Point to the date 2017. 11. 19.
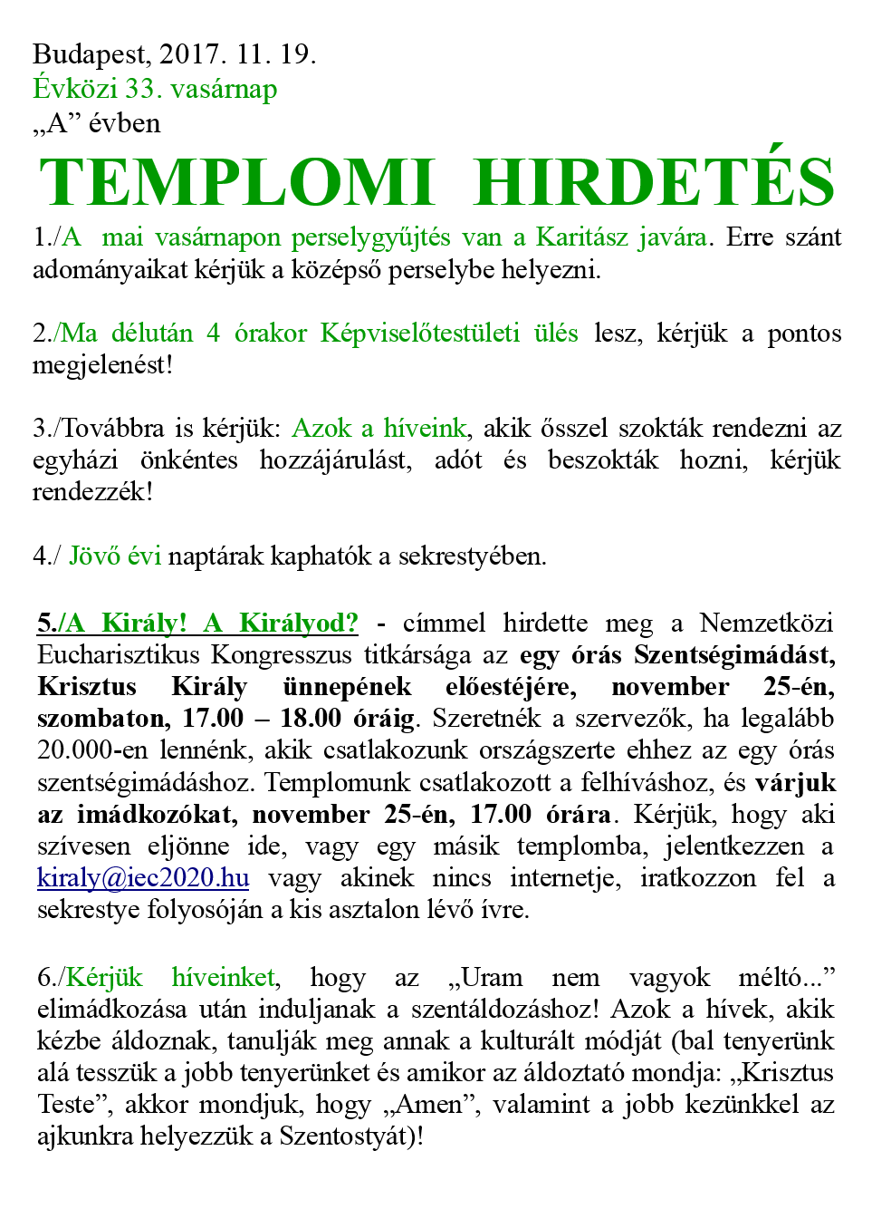point(237,55)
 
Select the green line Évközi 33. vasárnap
point(155,89)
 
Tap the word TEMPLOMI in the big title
point(237,183)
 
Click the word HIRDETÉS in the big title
point(654,183)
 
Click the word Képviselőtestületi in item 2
point(419,334)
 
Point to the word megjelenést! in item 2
point(102,365)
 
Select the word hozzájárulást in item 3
point(335,460)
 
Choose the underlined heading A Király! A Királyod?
point(197,624)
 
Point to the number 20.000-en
point(93,750)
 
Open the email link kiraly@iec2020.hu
point(143,878)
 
